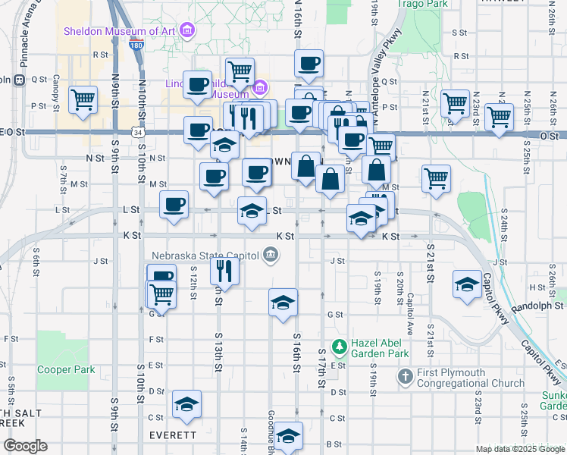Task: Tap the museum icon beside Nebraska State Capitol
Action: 269,256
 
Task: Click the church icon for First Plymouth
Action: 405,376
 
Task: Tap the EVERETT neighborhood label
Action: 174,435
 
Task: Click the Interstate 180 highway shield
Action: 136,46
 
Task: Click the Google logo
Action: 24,446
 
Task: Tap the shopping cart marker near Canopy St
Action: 83,99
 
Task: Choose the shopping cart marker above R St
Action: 240,71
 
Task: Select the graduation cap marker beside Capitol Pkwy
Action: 466,284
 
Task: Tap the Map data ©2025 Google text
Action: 519,449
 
